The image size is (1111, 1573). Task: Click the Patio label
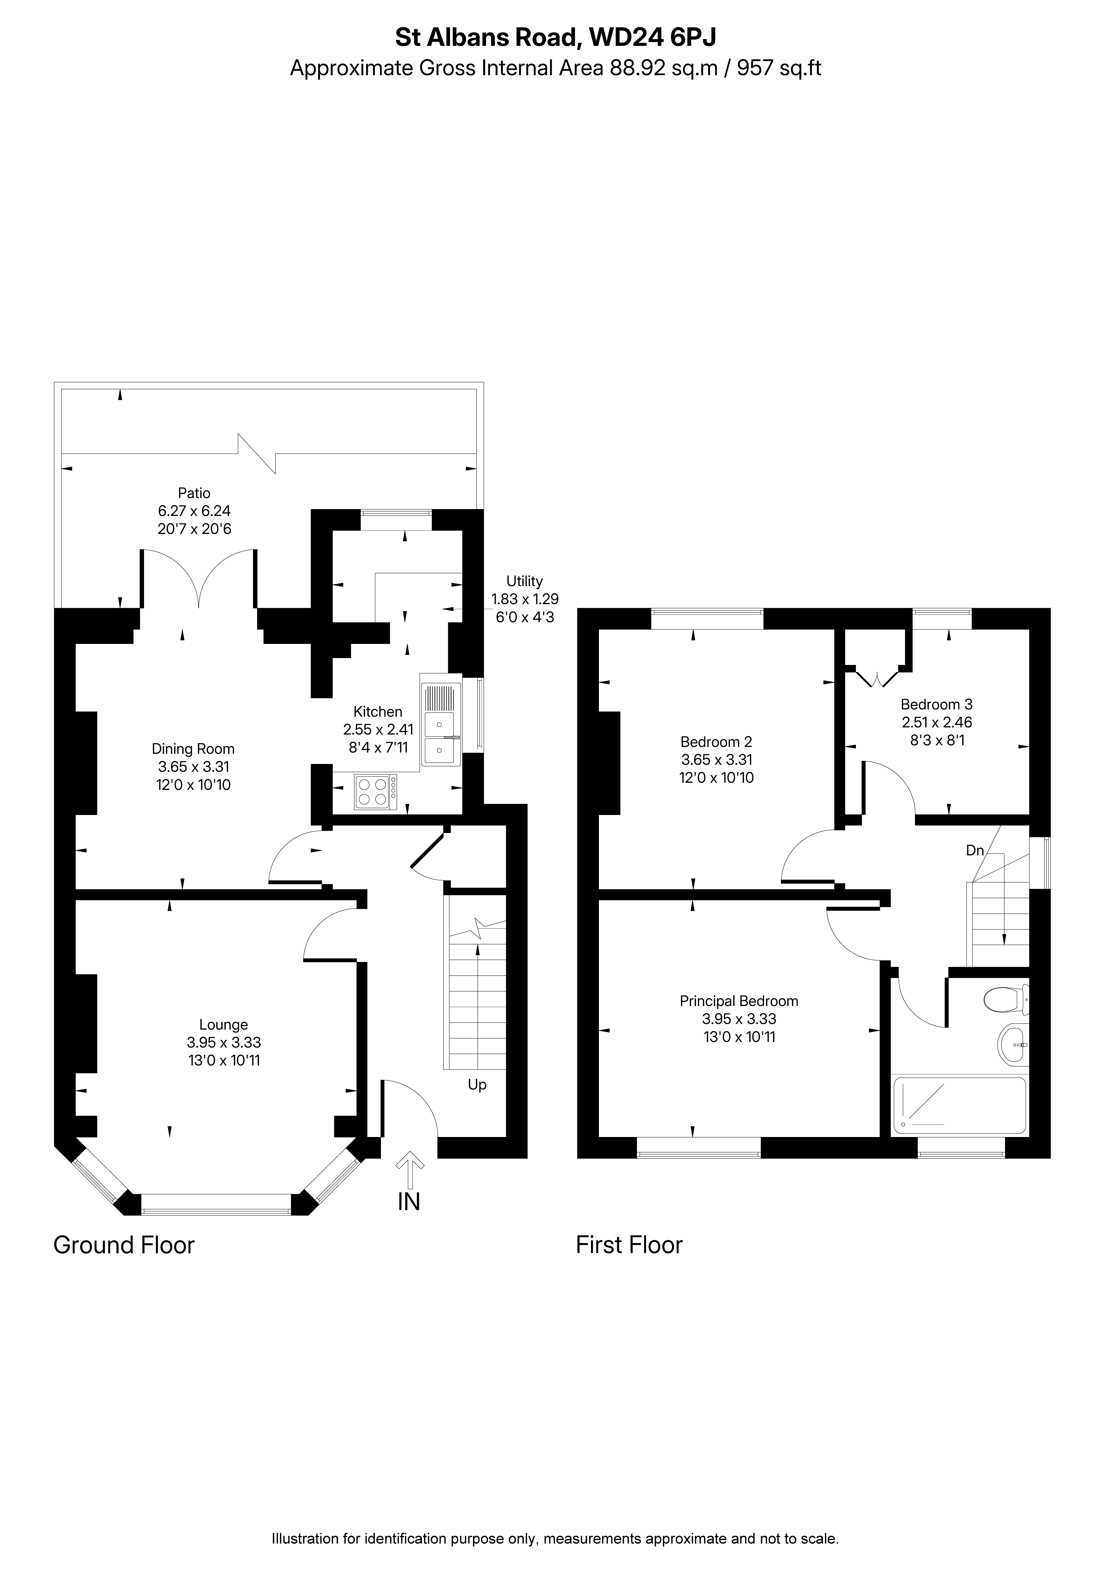(x=194, y=493)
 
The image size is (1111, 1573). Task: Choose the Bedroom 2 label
(x=717, y=742)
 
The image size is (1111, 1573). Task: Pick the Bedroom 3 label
(x=936, y=704)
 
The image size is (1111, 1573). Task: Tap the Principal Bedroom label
(x=739, y=1001)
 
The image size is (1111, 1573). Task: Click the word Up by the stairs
(x=477, y=1084)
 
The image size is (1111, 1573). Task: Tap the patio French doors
(x=199, y=579)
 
